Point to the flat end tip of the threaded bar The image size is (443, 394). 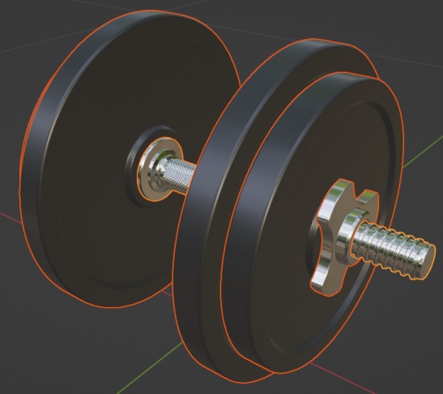coord(426,261)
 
